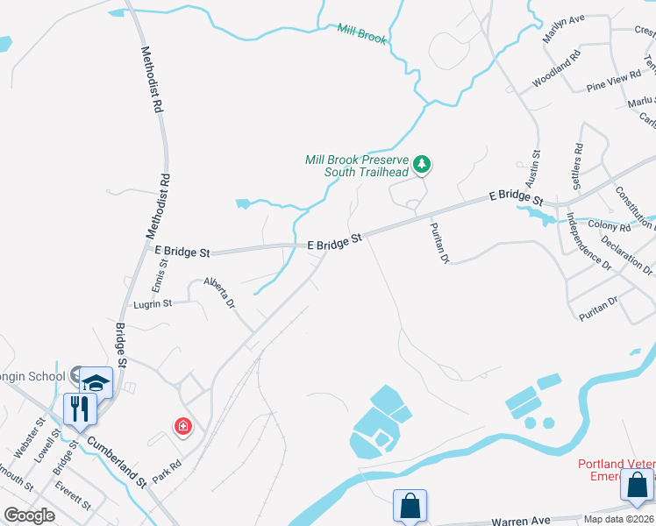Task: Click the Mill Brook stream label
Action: click(362, 34)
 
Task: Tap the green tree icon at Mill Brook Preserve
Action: click(423, 163)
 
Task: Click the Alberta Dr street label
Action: click(219, 293)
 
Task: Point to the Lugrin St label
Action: click(153, 303)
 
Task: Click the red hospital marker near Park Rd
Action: click(183, 427)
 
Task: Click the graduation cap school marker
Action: click(96, 382)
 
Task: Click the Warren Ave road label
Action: click(521, 521)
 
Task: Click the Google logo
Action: click(29, 515)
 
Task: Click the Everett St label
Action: click(72, 494)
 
